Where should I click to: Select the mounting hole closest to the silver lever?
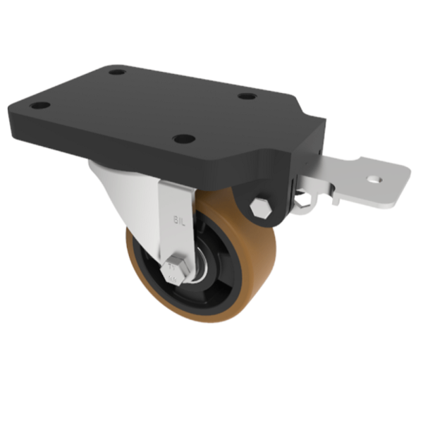(246, 96)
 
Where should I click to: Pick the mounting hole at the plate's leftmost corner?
(41, 106)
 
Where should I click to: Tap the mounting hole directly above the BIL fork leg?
(183, 139)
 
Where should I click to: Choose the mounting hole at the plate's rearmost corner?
(118, 71)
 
